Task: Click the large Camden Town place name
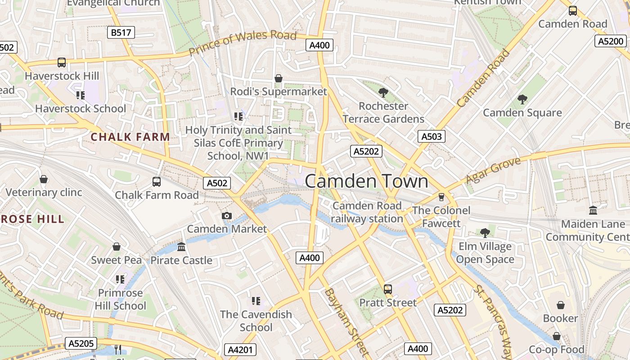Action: point(367,181)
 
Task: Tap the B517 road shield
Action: point(121,32)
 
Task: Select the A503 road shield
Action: point(431,136)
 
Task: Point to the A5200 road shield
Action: point(611,41)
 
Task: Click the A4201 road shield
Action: point(240,350)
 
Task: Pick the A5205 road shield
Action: point(81,344)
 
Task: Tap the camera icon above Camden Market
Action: point(227,216)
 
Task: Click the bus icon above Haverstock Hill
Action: point(62,63)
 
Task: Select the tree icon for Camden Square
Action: point(522,99)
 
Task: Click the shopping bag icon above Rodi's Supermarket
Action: point(279,78)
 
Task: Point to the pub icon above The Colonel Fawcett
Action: point(441,197)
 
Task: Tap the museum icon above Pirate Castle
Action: point(181,247)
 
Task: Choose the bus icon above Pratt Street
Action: point(388,289)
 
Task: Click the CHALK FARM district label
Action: point(130,137)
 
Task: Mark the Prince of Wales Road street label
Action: point(243,43)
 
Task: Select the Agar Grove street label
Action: point(493,171)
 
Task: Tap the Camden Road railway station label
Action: point(367,212)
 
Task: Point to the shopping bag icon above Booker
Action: point(560,305)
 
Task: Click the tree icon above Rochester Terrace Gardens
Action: point(383,93)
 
